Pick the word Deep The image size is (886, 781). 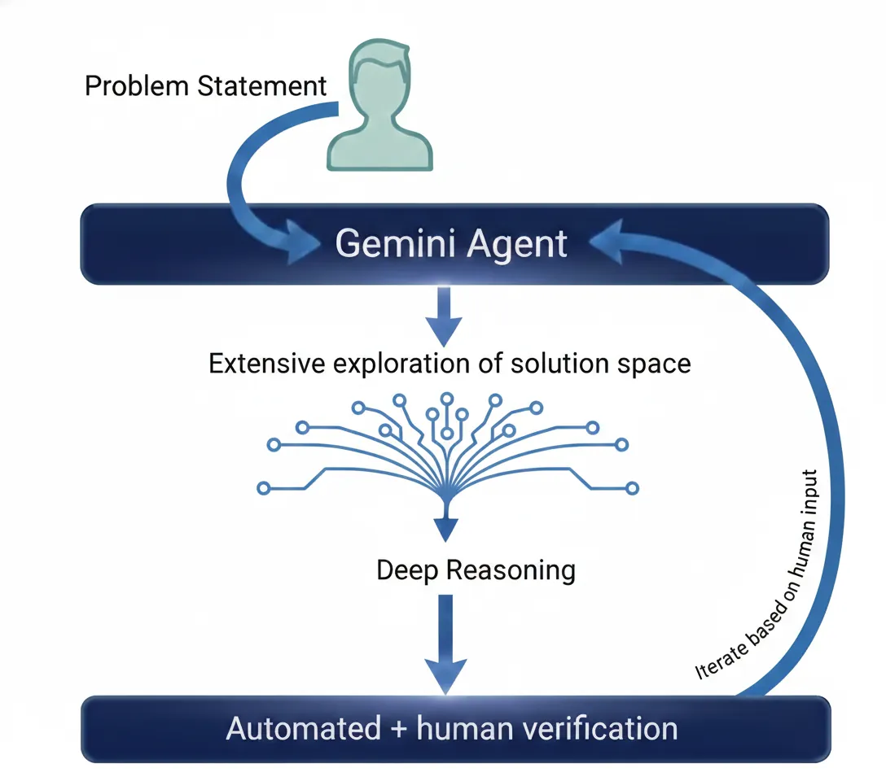point(409,569)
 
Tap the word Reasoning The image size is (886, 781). point(512,570)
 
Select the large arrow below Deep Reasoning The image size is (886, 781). point(445,643)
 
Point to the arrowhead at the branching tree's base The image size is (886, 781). point(444,529)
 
